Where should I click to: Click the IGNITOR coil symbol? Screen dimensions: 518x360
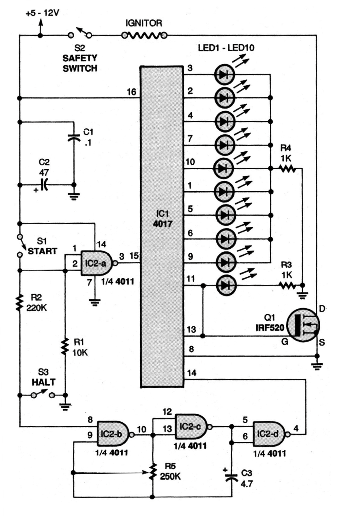point(145,36)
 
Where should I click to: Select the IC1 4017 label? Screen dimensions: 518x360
point(162,219)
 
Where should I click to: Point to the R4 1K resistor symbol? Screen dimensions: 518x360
point(288,169)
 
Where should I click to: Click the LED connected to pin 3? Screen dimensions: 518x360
point(224,74)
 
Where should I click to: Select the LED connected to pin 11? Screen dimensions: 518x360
point(224,286)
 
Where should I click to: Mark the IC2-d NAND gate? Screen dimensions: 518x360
point(269,434)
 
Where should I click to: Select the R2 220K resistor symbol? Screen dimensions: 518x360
point(19,302)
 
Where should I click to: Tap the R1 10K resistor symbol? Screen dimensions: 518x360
point(65,347)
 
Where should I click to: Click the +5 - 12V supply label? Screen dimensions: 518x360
point(42,13)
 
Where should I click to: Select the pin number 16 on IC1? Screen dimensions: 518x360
point(132,92)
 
